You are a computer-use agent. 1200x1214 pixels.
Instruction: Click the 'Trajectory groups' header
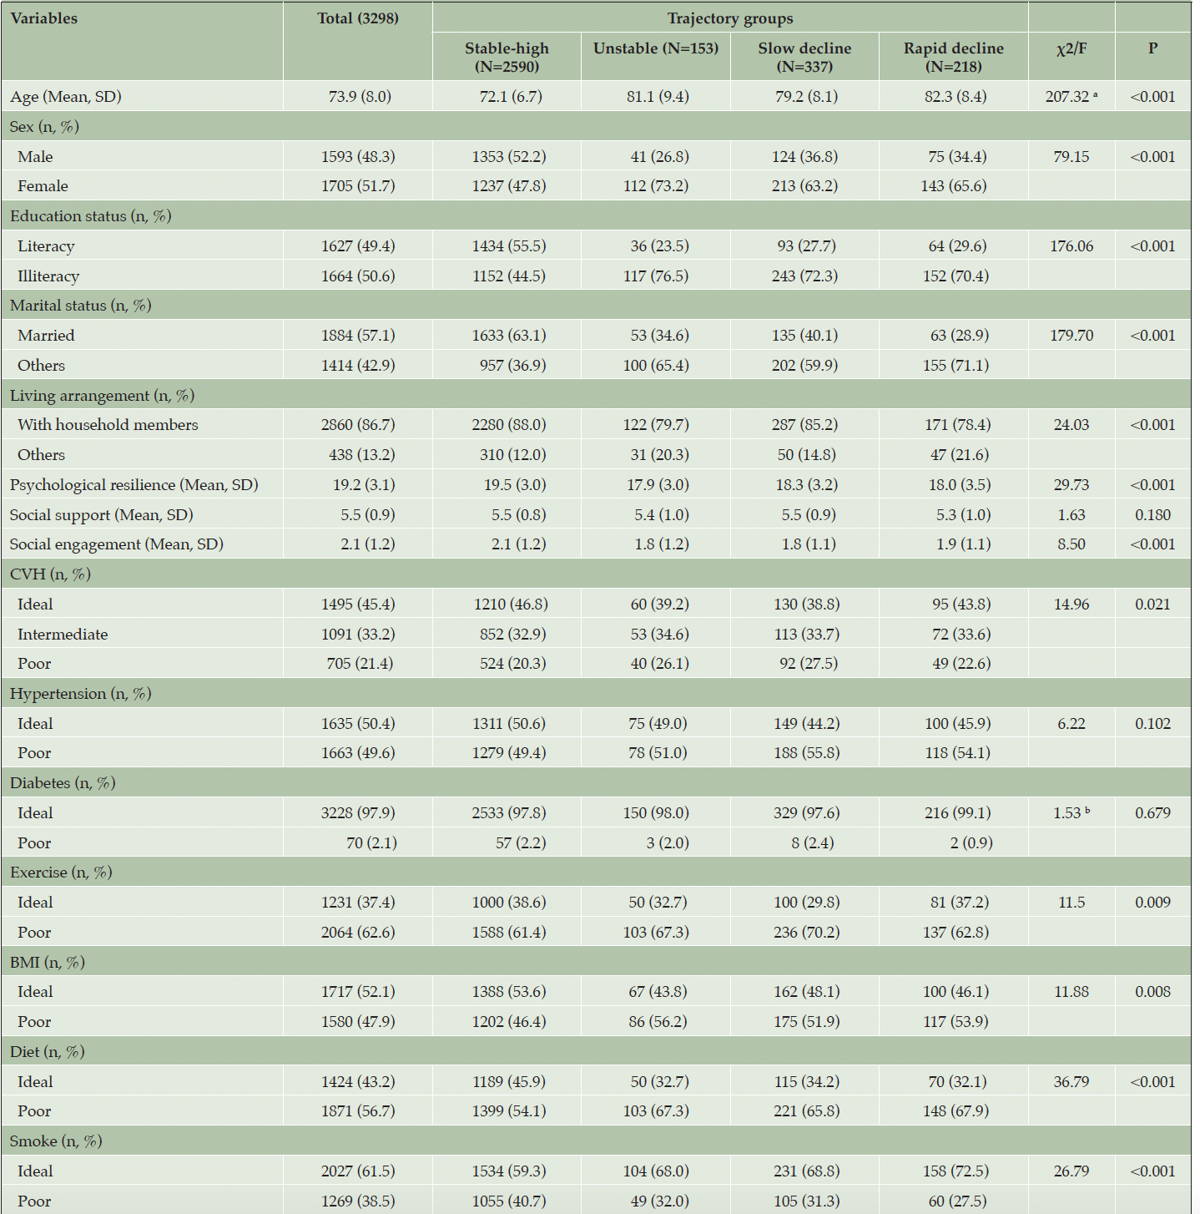[730, 18]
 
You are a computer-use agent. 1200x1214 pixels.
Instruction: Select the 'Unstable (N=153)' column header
[656, 48]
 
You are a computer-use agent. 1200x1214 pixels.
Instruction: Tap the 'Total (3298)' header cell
[358, 18]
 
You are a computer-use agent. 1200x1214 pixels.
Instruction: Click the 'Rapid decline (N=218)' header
[954, 58]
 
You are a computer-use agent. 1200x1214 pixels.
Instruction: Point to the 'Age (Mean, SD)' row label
[66, 96]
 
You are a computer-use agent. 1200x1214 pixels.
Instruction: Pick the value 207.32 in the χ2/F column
[1067, 96]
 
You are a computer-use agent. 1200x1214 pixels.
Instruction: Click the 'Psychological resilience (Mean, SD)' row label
[134, 484]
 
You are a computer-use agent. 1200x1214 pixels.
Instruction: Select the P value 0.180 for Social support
[1152, 514]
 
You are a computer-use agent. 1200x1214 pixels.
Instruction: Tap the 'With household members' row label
[108, 425]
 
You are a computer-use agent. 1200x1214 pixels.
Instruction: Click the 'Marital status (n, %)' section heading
[81, 306]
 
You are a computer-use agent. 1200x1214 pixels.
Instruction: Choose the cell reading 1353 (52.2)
[509, 156]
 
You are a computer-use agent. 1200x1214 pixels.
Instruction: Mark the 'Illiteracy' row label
[48, 276]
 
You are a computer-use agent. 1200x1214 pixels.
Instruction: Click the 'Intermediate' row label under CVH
[63, 634]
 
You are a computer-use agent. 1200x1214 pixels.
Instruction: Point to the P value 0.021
[1152, 604]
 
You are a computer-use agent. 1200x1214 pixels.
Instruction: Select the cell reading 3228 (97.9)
[358, 812]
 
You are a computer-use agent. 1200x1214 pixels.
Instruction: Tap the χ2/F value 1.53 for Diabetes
[1067, 812]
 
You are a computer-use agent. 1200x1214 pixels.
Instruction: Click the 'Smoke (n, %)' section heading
[56, 1141]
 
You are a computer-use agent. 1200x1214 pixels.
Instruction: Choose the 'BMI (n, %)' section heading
[48, 962]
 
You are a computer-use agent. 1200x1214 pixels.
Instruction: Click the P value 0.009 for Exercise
[1152, 903]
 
